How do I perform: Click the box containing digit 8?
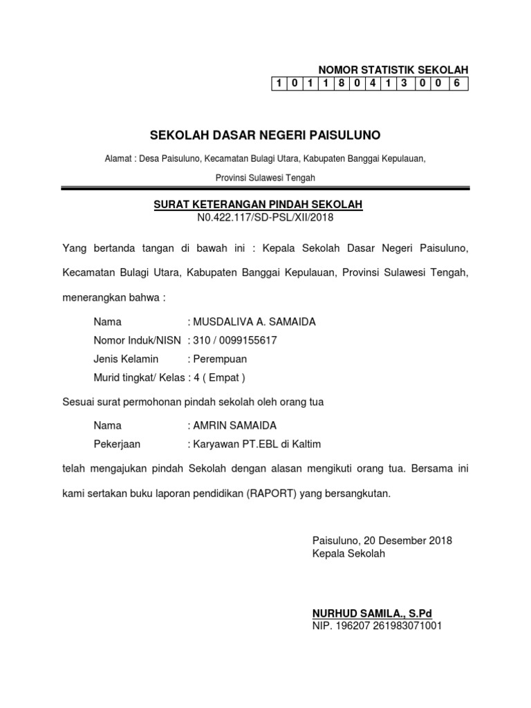coord(339,84)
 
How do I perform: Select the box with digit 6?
coord(456,84)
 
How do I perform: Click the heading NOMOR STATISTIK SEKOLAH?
coord(393,70)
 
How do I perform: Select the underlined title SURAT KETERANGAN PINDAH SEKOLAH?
coord(257,205)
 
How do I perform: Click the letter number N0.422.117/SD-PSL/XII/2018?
coord(265,218)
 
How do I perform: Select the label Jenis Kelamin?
coord(126,359)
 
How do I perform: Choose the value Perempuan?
coord(220,359)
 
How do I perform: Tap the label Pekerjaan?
coord(117,444)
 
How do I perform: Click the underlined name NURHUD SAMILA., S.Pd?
coord(372,613)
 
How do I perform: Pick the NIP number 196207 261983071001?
coord(389,626)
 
